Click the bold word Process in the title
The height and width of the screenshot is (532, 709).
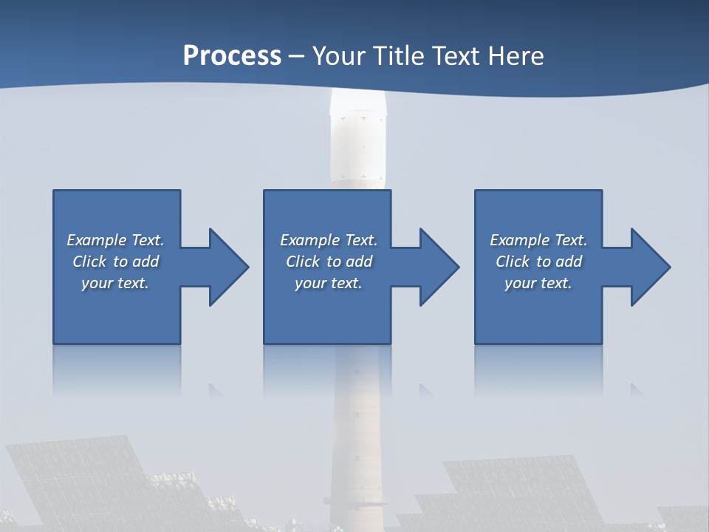coord(232,55)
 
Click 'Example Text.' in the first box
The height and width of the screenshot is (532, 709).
coord(115,240)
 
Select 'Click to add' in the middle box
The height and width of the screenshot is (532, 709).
coord(329,262)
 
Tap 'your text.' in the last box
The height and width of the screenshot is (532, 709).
coord(538,283)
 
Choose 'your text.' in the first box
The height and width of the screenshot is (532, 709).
coord(115,283)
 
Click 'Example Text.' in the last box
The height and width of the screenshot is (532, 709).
coord(538,240)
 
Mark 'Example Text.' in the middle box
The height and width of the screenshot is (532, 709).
coord(329,240)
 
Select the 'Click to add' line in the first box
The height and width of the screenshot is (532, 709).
coord(115,262)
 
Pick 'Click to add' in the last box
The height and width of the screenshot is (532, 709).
coord(538,262)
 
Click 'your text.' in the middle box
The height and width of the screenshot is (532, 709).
coord(329,283)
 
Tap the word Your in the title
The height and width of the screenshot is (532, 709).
coord(339,55)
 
